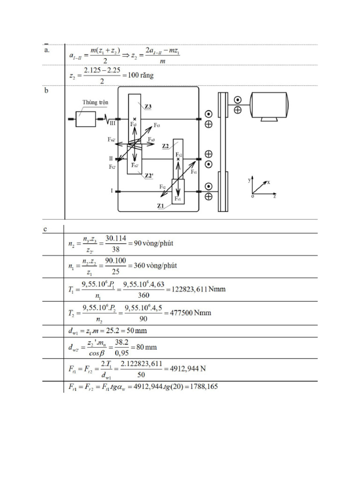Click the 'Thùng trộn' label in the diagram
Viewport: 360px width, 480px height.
[95, 102]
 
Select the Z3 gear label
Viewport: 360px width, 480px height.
[148, 107]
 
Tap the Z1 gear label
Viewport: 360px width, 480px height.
[160, 205]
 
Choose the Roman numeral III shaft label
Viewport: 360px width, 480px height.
[112, 124]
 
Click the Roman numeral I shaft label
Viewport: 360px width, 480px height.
[112, 191]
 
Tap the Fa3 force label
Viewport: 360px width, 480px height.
[151, 140]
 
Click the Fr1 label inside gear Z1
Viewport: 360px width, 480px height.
[178, 199]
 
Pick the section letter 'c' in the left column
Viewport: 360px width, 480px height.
[45, 229]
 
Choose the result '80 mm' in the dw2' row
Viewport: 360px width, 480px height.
[147, 347]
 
